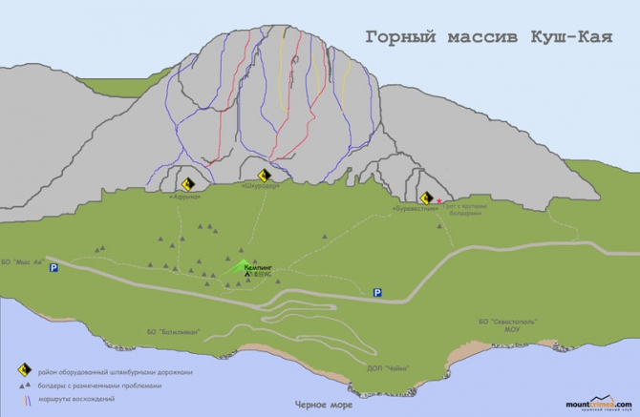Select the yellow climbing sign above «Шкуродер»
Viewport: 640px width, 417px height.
[x=265, y=176]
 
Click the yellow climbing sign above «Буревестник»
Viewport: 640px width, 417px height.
[x=428, y=198]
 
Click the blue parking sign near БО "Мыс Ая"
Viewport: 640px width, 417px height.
[x=53, y=269]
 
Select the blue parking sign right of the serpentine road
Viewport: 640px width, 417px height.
[x=379, y=292]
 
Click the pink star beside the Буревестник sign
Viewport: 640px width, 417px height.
[x=439, y=201]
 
